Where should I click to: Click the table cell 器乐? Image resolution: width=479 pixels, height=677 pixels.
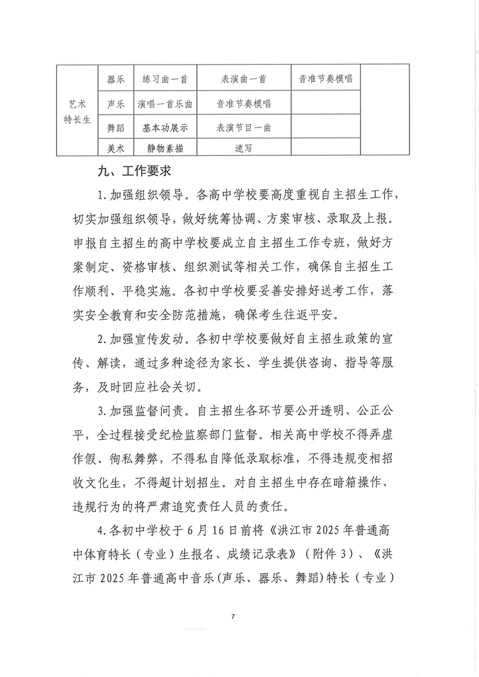point(115,79)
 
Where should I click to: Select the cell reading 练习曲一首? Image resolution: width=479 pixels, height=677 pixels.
point(165,79)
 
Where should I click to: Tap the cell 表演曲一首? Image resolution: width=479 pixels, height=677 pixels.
point(244,79)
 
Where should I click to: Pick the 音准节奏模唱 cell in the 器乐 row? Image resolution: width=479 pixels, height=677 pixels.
point(326,79)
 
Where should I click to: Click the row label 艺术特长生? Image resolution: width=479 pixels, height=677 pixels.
point(77,112)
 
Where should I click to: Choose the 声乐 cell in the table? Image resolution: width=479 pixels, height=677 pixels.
point(115,104)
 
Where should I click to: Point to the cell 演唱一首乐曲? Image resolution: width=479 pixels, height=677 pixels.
point(165,104)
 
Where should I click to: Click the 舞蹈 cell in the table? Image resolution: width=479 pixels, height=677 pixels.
point(115,128)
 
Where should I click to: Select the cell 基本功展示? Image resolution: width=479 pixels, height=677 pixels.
point(165,128)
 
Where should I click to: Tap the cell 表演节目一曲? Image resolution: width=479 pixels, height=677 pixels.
point(244,128)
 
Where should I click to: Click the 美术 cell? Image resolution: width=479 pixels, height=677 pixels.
point(115,147)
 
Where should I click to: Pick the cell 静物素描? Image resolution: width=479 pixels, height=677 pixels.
point(165,147)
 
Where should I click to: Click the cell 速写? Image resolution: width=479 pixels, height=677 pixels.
point(244,147)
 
